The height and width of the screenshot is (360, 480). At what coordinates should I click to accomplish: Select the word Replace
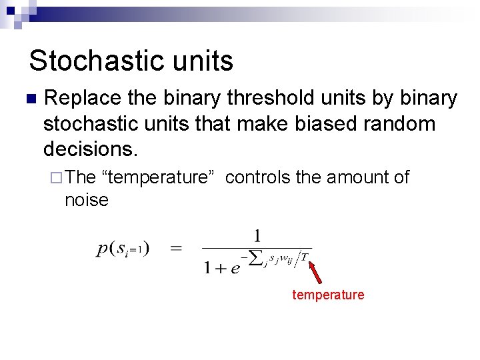tap(82, 99)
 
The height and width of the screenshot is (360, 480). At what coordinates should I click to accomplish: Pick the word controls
tap(257, 177)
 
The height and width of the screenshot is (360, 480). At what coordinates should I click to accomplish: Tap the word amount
tap(353, 177)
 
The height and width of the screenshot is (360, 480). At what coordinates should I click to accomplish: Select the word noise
tap(86, 199)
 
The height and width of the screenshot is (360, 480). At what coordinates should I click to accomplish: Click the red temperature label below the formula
tap(328, 295)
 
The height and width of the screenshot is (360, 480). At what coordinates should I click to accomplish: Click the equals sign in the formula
tap(177, 249)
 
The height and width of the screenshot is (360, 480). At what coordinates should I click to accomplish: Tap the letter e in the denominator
tap(235, 268)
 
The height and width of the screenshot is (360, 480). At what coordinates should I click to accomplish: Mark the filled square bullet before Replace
tap(29, 99)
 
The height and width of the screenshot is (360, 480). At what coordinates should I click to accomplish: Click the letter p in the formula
tap(103, 249)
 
